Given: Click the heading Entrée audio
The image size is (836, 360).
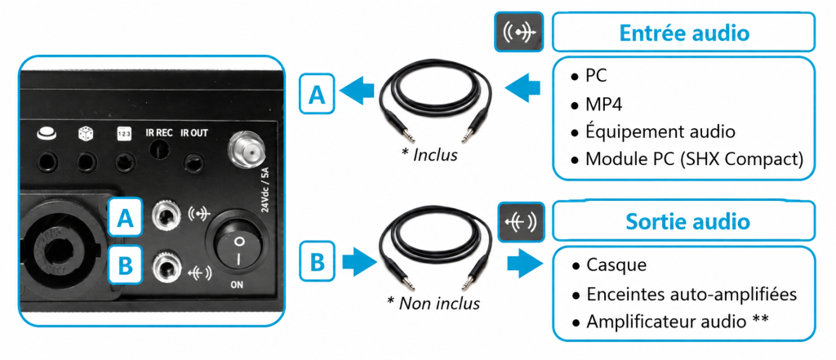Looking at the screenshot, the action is (684, 33).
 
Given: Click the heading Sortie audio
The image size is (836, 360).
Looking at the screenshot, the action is (687, 220).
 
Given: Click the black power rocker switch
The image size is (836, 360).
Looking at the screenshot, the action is (238, 247).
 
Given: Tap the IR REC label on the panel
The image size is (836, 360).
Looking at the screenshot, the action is (159, 132).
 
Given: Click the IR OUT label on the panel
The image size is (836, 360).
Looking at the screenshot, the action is (194, 132).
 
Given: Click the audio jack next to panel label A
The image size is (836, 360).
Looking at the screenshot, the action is (165, 216).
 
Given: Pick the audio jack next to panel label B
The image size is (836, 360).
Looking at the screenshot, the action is (165, 266).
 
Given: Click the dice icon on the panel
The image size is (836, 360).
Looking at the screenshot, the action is (85, 133).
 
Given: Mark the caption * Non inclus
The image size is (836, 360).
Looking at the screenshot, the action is (433, 303).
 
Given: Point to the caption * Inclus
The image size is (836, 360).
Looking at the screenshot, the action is (429, 155).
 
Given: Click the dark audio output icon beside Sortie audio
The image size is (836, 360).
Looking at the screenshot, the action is (521, 220).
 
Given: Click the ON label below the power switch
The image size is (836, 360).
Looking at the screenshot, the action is (237, 285).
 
